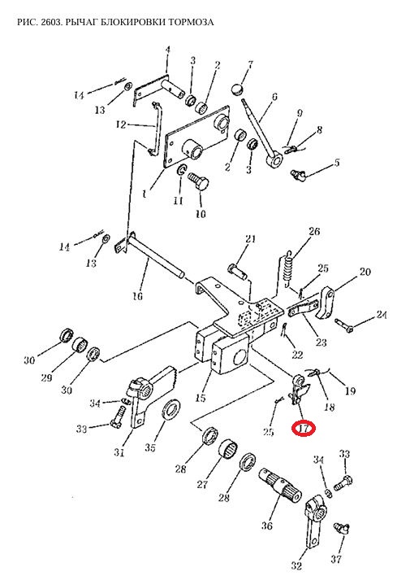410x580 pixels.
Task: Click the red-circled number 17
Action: (x=304, y=429)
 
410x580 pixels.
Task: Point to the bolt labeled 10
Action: (x=199, y=181)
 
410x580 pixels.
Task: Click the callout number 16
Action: (x=137, y=296)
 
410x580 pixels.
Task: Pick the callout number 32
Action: (x=296, y=565)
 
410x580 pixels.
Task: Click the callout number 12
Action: (x=121, y=124)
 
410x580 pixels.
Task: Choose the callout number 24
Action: (x=382, y=315)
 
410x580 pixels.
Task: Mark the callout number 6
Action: (x=274, y=97)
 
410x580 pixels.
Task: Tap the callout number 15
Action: (x=200, y=398)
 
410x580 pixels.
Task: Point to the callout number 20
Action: (x=365, y=272)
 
